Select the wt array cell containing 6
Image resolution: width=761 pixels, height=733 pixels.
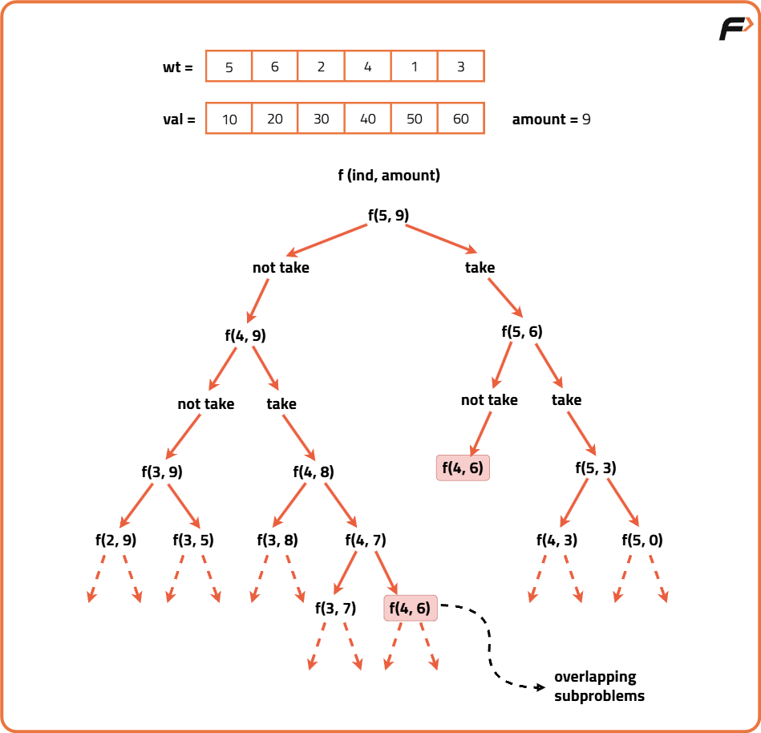tap(274, 67)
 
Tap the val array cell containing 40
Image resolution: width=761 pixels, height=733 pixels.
tap(367, 119)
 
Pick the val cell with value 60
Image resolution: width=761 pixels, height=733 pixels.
tap(460, 119)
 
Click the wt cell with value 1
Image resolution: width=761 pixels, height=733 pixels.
tap(414, 67)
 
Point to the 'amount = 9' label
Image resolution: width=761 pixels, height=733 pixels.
tap(551, 119)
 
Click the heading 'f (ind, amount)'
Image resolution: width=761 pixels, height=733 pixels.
tap(389, 175)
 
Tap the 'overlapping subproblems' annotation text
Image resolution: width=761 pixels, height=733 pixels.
tap(599, 686)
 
